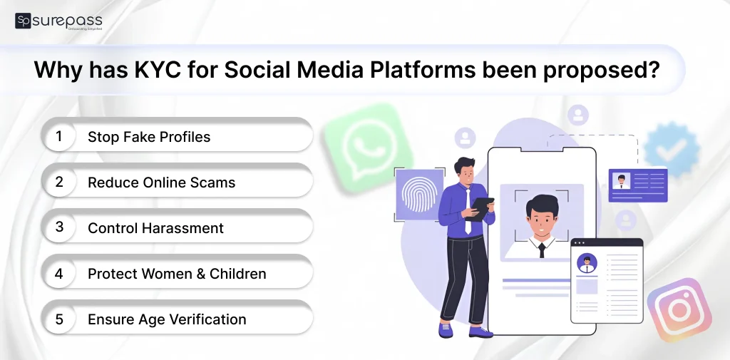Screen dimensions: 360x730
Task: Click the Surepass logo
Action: pyautogui.click(x=58, y=21)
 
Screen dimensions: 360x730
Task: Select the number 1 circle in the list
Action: pyautogui.click(x=60, y=136)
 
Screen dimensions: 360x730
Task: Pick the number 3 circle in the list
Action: pyautogui.click(x=60, y=227)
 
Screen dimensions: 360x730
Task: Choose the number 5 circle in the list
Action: pyautogui.click(x=60, y=319)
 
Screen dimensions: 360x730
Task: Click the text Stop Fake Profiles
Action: pyautogui.click(x=149, y=137)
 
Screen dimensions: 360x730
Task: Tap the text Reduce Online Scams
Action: pyautogui.click(x=161, y=182)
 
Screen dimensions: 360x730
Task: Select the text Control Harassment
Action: pyautogui.click(x=155, y=228)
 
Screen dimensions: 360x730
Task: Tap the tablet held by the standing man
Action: pyautogui.click(x=480, y=207)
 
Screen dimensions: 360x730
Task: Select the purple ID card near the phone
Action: pyautogui.click(x=637, y=185)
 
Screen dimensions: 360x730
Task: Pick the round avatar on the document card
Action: pyautogui.click(x=587, y=262)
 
